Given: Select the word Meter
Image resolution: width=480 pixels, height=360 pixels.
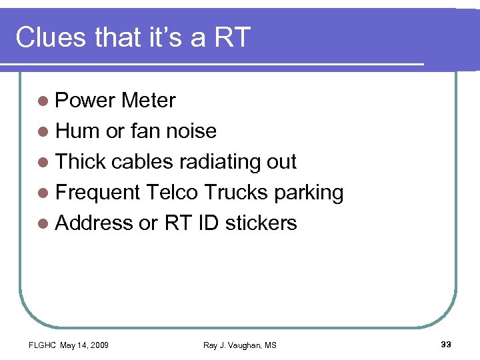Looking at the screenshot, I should [x=148, y=101].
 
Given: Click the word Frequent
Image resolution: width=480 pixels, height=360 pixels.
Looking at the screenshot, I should [x=98, y=193].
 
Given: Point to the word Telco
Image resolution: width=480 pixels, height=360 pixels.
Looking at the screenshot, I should [x=172, y=193].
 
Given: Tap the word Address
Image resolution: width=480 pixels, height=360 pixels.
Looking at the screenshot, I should [x=94, y=223].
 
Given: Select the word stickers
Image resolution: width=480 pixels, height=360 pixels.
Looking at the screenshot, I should [x=261, y=223].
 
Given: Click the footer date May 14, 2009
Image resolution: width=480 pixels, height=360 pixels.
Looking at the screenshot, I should [x=85, y=345].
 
